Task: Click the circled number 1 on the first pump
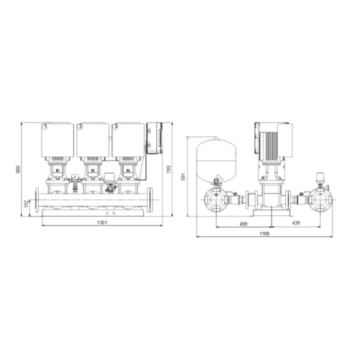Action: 45,126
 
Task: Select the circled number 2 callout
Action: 80,126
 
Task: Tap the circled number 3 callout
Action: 116,126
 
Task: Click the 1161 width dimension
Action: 102,222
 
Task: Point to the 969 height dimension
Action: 19,169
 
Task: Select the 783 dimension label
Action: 168,170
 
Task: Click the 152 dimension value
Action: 27,204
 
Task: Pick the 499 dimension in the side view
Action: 243,224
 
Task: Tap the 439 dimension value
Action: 296,222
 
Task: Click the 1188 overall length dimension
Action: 264,233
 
